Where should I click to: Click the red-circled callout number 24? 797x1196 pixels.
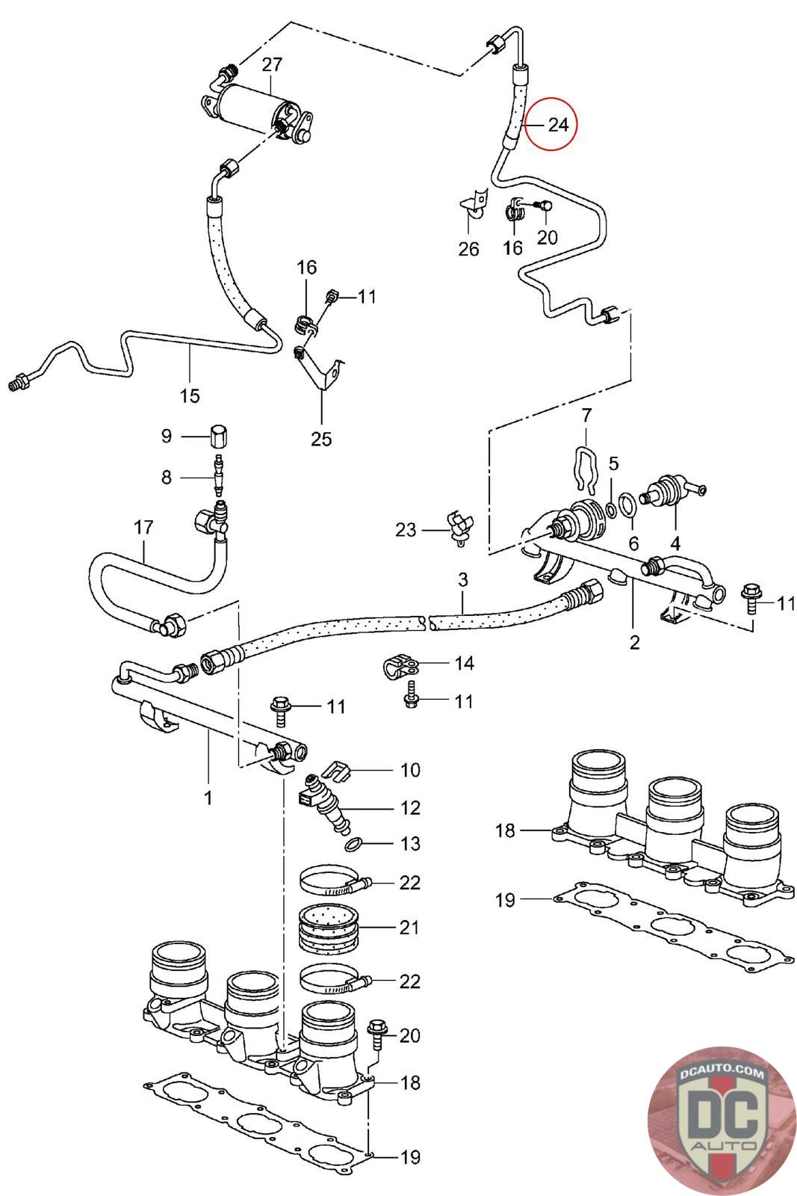[558, 124]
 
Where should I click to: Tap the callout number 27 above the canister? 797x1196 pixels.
[271, 65]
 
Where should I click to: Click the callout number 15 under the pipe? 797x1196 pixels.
[190, 395]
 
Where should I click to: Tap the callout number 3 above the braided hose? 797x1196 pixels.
[462, 579]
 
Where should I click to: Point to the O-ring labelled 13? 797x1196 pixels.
[356, 845]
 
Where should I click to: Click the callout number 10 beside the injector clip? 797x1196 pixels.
[410, 770]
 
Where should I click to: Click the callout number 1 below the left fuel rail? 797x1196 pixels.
[208, 798]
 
